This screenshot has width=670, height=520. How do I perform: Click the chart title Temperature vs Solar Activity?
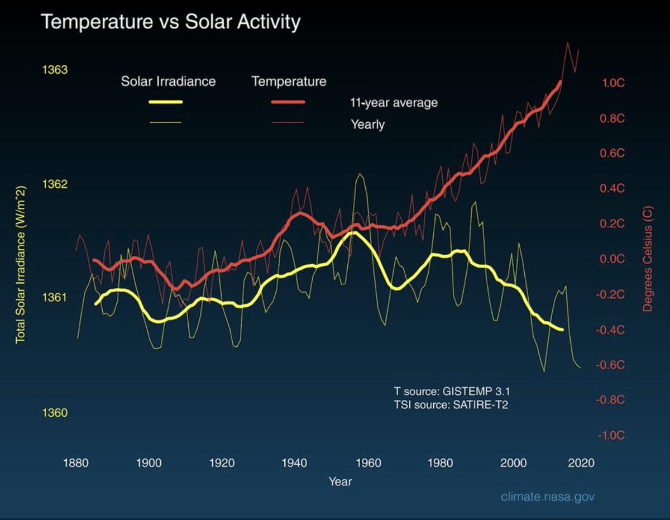171,22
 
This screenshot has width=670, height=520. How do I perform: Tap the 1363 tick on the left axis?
55,70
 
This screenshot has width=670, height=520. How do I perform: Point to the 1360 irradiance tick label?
55,413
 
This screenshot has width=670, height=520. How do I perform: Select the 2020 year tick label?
581,463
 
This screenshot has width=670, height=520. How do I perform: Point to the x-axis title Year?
340,481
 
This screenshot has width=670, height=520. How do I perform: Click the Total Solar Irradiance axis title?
21,264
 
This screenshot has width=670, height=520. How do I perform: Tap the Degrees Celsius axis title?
648,264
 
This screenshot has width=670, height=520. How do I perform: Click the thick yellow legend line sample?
165,102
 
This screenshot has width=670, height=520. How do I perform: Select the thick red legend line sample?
288,102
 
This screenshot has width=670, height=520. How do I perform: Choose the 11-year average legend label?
390,103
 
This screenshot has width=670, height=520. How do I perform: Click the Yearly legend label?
367,124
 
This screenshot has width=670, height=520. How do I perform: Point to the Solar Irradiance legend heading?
168,81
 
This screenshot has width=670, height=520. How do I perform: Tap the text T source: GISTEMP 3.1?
451,391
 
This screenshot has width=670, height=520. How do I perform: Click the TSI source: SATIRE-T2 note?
451,404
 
